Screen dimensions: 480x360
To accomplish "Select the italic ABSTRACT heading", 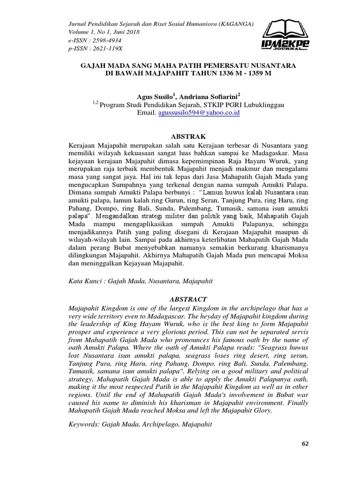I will [187, 299].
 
